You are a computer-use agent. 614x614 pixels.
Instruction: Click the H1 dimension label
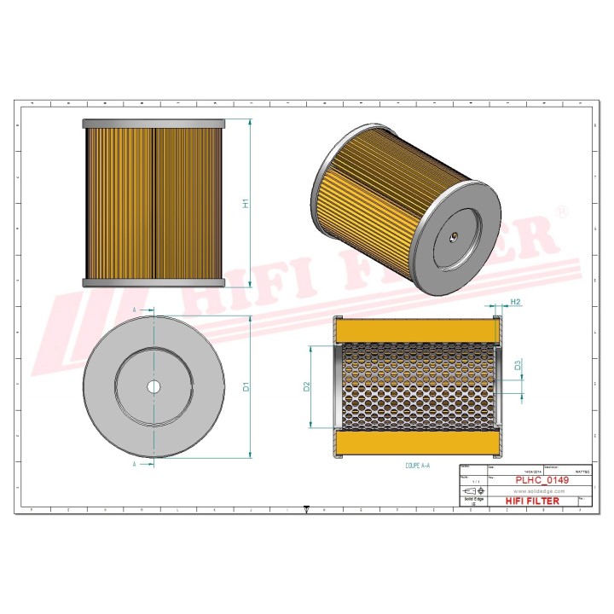coord(245,204)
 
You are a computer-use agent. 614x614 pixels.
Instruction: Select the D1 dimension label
coord(245,386)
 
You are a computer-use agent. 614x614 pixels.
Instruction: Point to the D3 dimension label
coord(518,366)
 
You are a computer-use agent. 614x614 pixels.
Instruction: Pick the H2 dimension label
coord(515,303)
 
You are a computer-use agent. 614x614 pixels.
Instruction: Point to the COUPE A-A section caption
coord(418,466)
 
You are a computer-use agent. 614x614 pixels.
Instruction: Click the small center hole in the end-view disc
coord(153,386)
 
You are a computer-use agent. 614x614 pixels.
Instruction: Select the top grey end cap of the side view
coord(153,124)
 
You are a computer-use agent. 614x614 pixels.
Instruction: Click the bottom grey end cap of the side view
coord(153,282)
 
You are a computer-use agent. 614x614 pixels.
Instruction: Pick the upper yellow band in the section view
coord(416,328)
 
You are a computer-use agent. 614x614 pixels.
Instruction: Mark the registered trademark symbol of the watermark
coord(561,211)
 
